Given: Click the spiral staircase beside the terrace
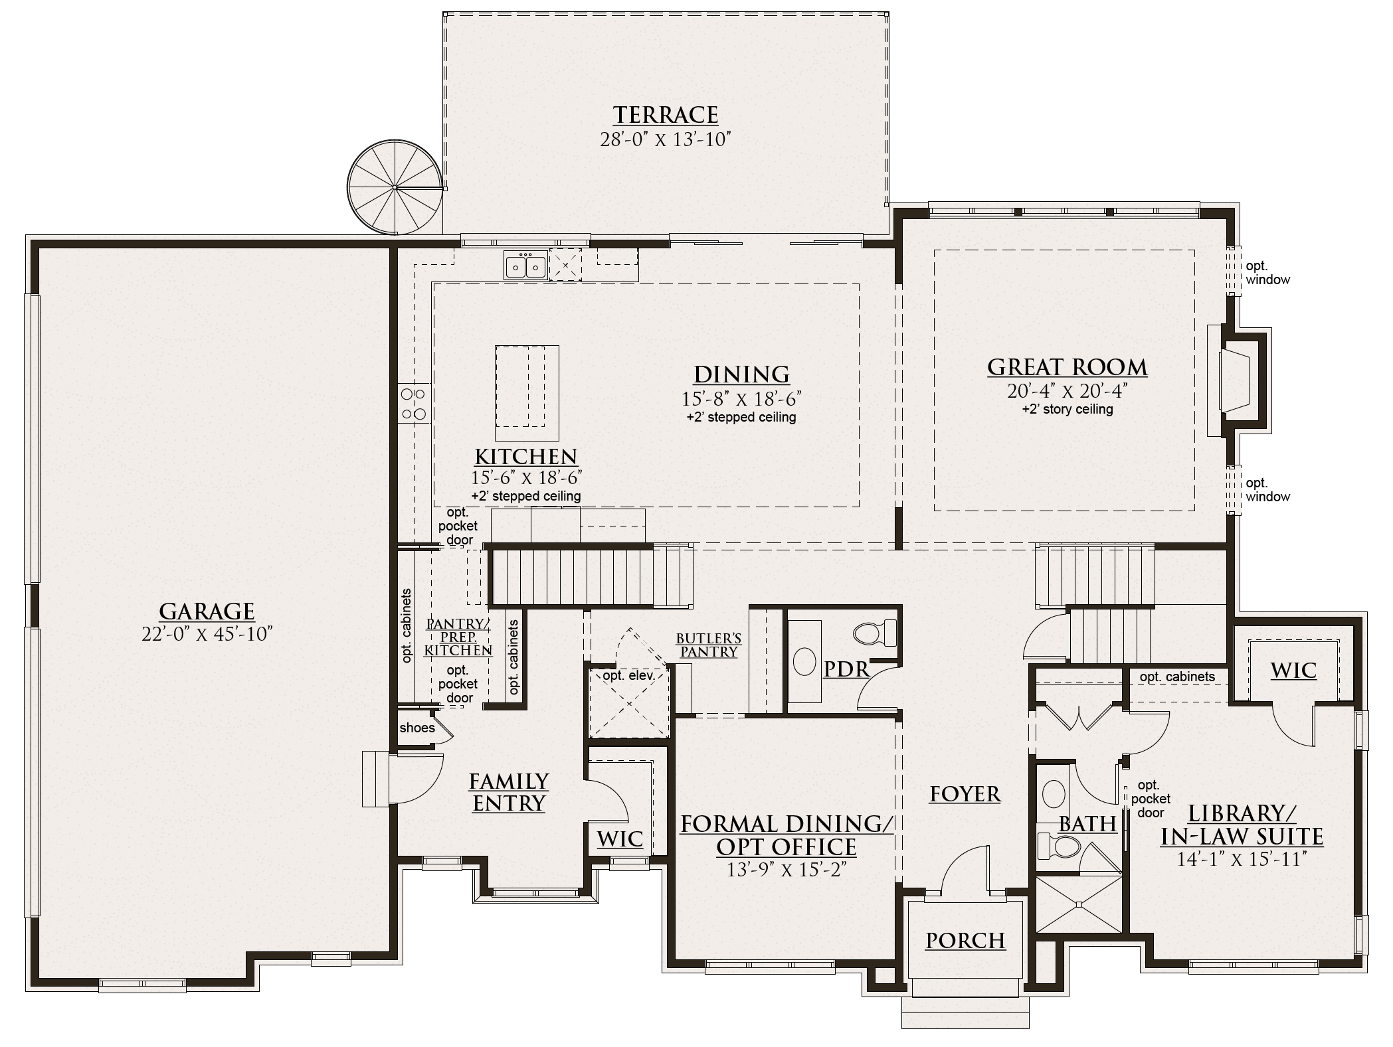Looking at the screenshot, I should tap(395, 187).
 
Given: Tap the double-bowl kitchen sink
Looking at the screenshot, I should tap(525, 267).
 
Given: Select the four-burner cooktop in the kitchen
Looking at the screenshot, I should tap(413, 404).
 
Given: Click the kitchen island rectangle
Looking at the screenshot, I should tap(527, 392).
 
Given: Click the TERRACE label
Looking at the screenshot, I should tap(665, 115).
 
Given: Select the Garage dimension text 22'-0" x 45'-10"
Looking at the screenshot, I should tap(207, 634).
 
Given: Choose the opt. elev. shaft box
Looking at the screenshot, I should tap(629, 704).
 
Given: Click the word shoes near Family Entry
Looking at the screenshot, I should tap(417, 728).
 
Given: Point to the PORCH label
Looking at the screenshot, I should tap(965, 941).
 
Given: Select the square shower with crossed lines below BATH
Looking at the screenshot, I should tap(1079, 904).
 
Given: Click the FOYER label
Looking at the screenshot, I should tap(965, 794).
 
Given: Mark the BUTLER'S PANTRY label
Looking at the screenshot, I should tap(709, 645).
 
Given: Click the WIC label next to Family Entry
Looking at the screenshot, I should tap(620, 839).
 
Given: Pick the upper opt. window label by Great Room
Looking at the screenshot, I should tap(1267, 273).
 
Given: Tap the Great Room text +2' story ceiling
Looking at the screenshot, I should tap(1068, 410).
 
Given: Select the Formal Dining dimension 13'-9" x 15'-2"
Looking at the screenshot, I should tap(786, 870).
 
